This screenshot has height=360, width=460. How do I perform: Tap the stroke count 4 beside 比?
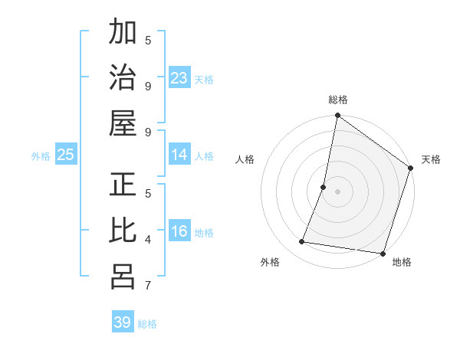click(x=148, y=240)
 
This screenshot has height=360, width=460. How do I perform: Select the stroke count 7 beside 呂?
click(x=148, y=286)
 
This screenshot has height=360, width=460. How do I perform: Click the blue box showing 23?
click(x=179, y=77)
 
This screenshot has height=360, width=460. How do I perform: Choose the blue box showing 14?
click(x=179, y=155)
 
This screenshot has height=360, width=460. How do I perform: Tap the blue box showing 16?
click(x=179, y=231)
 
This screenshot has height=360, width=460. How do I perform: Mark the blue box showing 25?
click(x=65, y=155)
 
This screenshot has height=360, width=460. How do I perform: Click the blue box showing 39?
click(x=123, y=322)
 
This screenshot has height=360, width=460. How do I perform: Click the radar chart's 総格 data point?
click(x=337, y=116)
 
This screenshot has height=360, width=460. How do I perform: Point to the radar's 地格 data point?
click(x=383, y=253)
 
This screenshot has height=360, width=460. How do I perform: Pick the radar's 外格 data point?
click(x=302, y=242)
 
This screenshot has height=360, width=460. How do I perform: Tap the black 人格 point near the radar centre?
click(x=324, y=187)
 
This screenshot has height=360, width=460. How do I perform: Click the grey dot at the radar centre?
click(x=337, y=191)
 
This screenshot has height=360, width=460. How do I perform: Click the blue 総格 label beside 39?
click(x=147, y=324)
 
